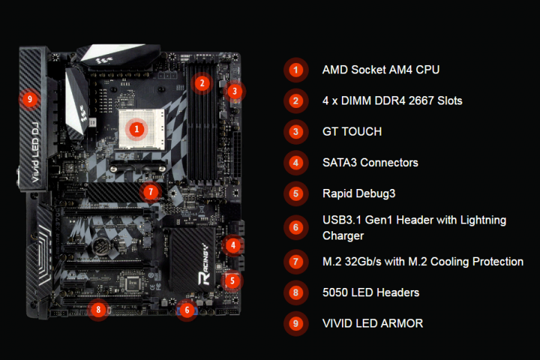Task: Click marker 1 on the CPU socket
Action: (x=136, y=129)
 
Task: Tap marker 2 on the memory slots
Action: (x=202, y=83)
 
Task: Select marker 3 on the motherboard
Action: (x=235, y=91)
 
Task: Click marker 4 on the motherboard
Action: (x=233, y=245)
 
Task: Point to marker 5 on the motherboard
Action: (x=232, y=281)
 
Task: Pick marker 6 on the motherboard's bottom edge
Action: (x=187, y=310)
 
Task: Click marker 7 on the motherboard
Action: (x=151, y=192)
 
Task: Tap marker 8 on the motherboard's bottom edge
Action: (x=98, y=309)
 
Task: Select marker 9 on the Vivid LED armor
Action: (x=30, y=100)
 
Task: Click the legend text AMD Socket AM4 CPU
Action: (x=381, y=70)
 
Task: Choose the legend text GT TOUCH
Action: (x=352, y=132)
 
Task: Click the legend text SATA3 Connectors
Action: (x=370, y=163)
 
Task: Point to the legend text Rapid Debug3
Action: (x=359, y=194)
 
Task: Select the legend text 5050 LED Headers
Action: (x=371, y=293)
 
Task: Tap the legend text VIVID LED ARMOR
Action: (x=372, y=323)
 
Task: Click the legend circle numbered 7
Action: (x=296, y=262)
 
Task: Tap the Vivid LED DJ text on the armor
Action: (x=35, y=152)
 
